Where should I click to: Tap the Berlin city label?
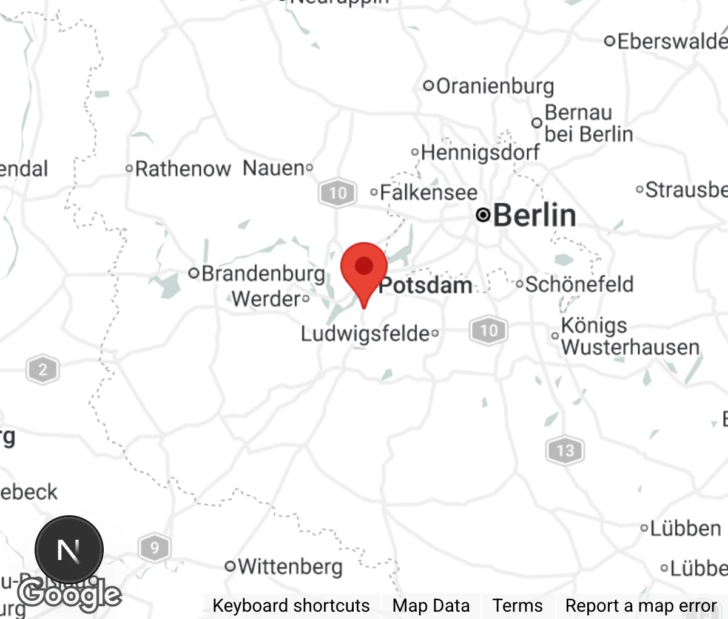click(534, 215)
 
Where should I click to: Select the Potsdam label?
click(425, 285)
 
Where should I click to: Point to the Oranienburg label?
click(494, 86)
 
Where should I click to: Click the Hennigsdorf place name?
click(479, 152)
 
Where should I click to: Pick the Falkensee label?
click(428, 193)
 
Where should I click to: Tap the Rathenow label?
click(183, 169)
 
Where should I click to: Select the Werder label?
click(266, 299)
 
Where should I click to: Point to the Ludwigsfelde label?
click(365, 333)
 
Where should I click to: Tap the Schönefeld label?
click(579, 284)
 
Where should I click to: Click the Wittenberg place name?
click(290, 566)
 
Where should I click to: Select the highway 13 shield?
click(565, 450)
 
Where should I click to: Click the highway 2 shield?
click(42, 370)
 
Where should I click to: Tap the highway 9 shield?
click(154, 549)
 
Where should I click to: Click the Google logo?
click(69, 594)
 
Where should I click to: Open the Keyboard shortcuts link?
click(291, 606)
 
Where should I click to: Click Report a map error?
click(641, 606)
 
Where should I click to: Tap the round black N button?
click(69, 550)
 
